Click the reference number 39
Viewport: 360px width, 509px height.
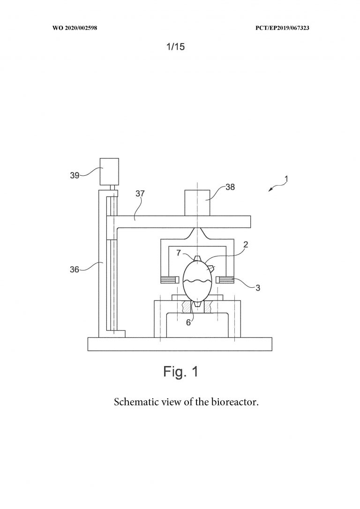(75, 175)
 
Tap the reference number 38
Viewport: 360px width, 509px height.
(230, 187)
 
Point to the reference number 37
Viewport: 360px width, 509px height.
(140, 194)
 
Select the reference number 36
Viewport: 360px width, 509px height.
(75, 269)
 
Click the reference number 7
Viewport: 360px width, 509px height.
(179, 253)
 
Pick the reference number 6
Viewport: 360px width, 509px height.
(188, 322)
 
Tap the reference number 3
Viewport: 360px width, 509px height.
(258, 288)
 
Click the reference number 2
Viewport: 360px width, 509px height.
(246, 245)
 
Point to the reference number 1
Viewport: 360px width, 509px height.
(286, 179)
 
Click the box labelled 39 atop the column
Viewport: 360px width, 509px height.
(109, 172)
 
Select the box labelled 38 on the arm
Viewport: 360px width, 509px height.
(197, 202)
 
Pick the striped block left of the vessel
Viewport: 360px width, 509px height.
(170, 279)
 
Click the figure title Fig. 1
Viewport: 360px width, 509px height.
(180, 371)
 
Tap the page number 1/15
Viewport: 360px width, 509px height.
(175, 47)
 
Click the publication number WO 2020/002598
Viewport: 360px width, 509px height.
(75, 28)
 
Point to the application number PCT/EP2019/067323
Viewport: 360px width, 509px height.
(282, 28)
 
